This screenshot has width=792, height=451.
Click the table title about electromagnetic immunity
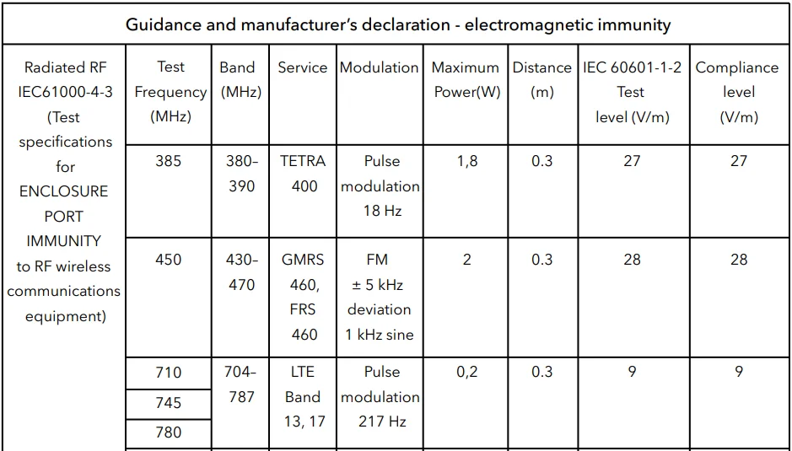398,24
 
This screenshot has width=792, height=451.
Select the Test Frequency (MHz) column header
170,92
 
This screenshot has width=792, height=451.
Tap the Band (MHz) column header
240,79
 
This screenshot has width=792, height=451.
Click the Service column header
302,67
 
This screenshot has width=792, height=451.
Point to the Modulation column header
379,67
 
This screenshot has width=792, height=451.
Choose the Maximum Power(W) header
466,79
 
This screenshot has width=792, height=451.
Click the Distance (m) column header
541,79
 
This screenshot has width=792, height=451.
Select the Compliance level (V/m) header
737,92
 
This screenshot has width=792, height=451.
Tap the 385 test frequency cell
169,161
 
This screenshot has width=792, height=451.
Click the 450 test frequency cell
169,260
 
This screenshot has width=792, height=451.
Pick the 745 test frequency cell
169,403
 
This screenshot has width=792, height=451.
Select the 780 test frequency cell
169,432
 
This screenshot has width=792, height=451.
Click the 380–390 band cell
242,174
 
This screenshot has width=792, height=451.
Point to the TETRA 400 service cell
304,174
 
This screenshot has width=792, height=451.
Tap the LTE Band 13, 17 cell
303,397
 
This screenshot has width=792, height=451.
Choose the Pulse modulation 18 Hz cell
381,186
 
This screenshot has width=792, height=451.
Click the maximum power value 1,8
466,161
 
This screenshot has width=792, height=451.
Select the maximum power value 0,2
466,372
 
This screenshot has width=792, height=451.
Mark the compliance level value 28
739,260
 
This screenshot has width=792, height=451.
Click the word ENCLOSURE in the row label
64,191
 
